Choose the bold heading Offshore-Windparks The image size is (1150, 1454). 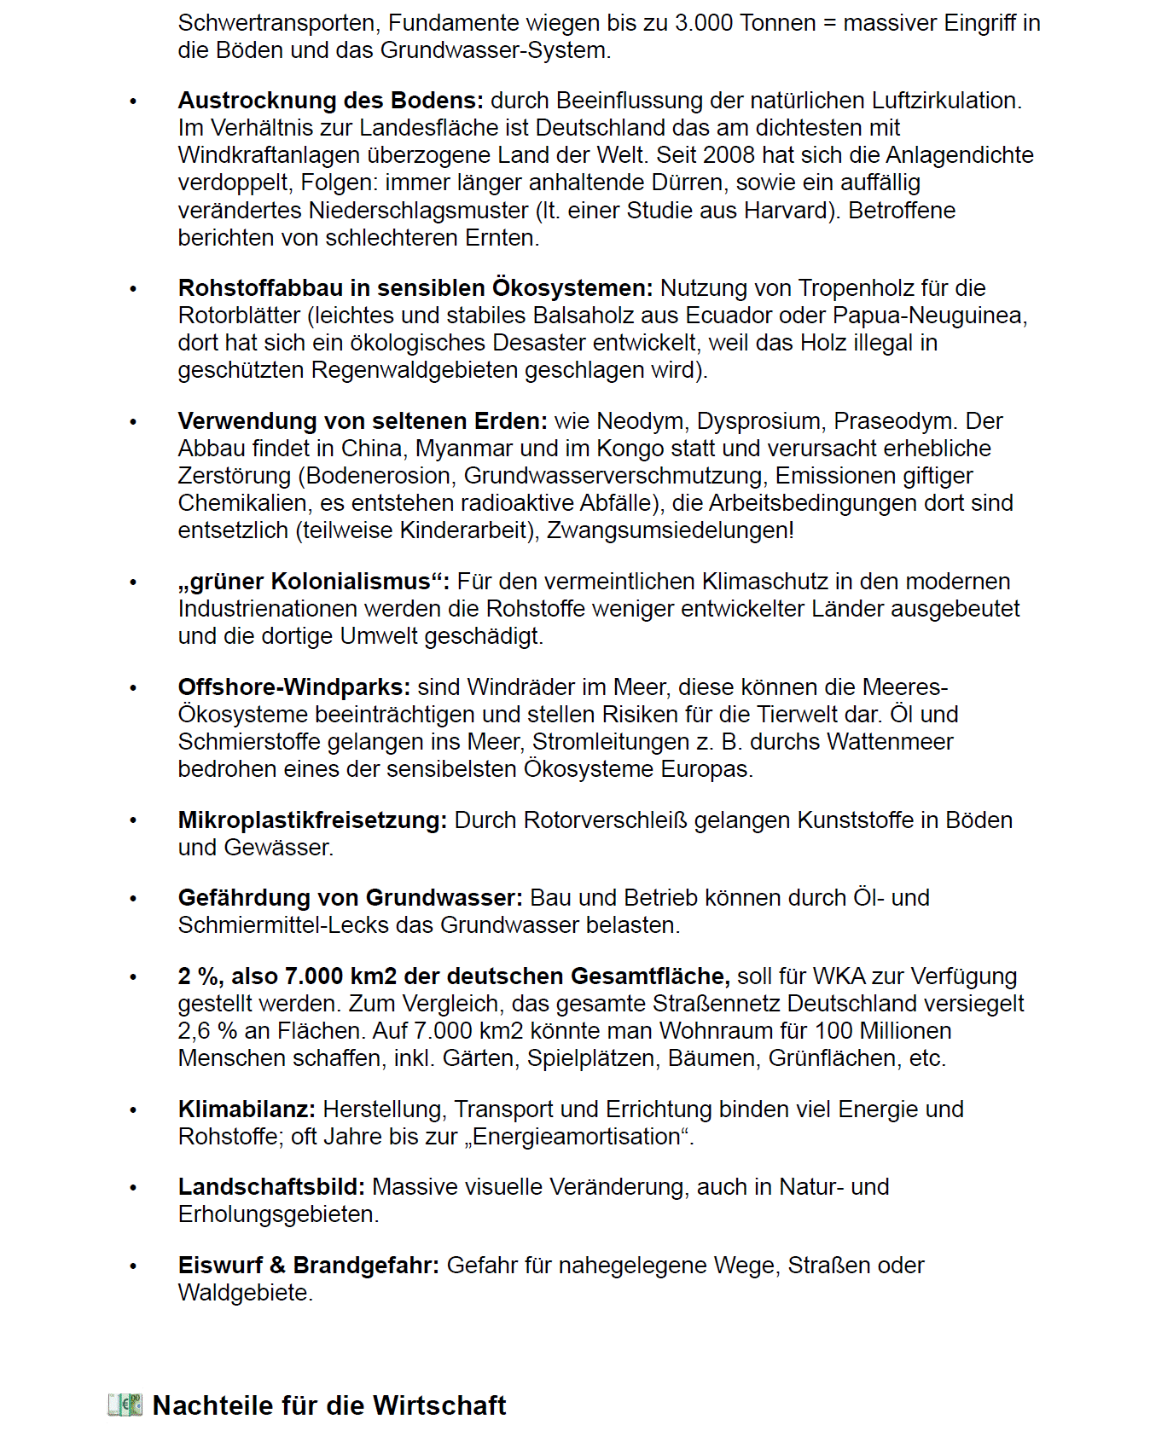[293, 687]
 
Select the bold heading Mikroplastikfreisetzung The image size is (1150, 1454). [312, 820]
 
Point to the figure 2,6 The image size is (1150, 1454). [195, 1031]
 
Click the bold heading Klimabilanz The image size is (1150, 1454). [247, 1109]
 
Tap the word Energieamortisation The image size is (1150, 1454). [577, 1137]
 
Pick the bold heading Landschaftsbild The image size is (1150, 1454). [271, 1187]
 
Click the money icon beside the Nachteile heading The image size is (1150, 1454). [125, 1405]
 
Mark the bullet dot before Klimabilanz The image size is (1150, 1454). [133, 1110]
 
